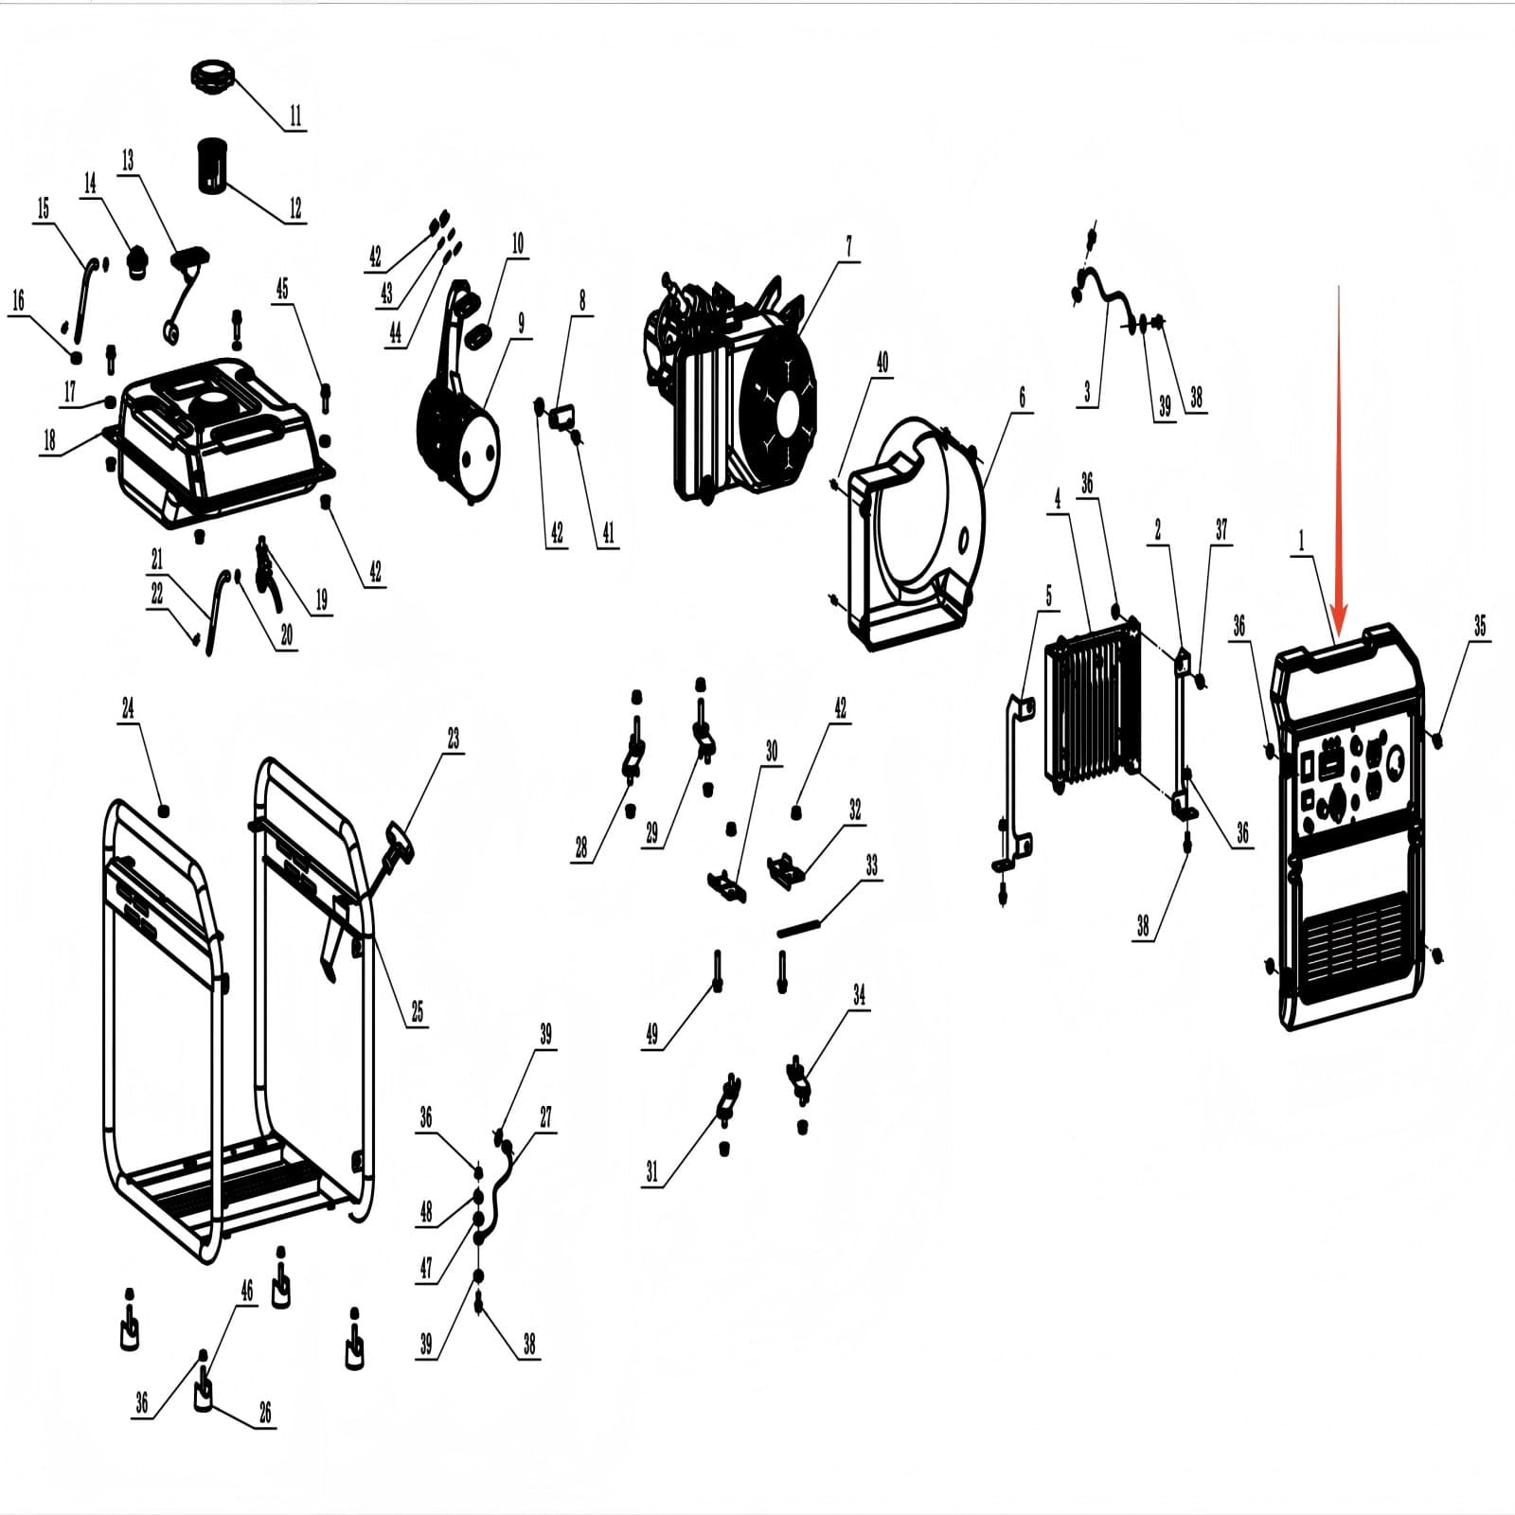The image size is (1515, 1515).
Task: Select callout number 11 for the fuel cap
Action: click(x=295, y=116)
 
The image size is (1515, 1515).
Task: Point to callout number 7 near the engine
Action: click(x=848, y=246)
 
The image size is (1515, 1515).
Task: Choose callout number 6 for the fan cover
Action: click(x=1022, y=397)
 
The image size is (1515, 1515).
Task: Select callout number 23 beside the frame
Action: click(x=454, y=738)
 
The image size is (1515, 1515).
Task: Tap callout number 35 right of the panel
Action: click(x=1480, y=625)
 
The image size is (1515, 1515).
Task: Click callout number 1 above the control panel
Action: click(x=1301, y=541)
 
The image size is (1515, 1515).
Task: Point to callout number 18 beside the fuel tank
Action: click(x=49, y=439)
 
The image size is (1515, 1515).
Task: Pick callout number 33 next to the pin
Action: click(x=871, y=865)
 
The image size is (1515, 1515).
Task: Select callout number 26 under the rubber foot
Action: click(x=265, y=1414)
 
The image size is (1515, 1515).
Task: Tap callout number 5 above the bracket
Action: click(x=1048, y=596)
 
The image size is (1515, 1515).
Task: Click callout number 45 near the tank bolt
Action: click(x=282, y=289)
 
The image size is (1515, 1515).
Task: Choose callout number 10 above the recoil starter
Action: click(x=517, y=243)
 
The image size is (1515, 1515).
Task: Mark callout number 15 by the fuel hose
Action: click(x=43, y=208)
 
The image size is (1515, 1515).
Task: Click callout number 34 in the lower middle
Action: click(x=859, y=994)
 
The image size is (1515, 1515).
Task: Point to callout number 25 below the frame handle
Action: click(x=417, y=1011)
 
